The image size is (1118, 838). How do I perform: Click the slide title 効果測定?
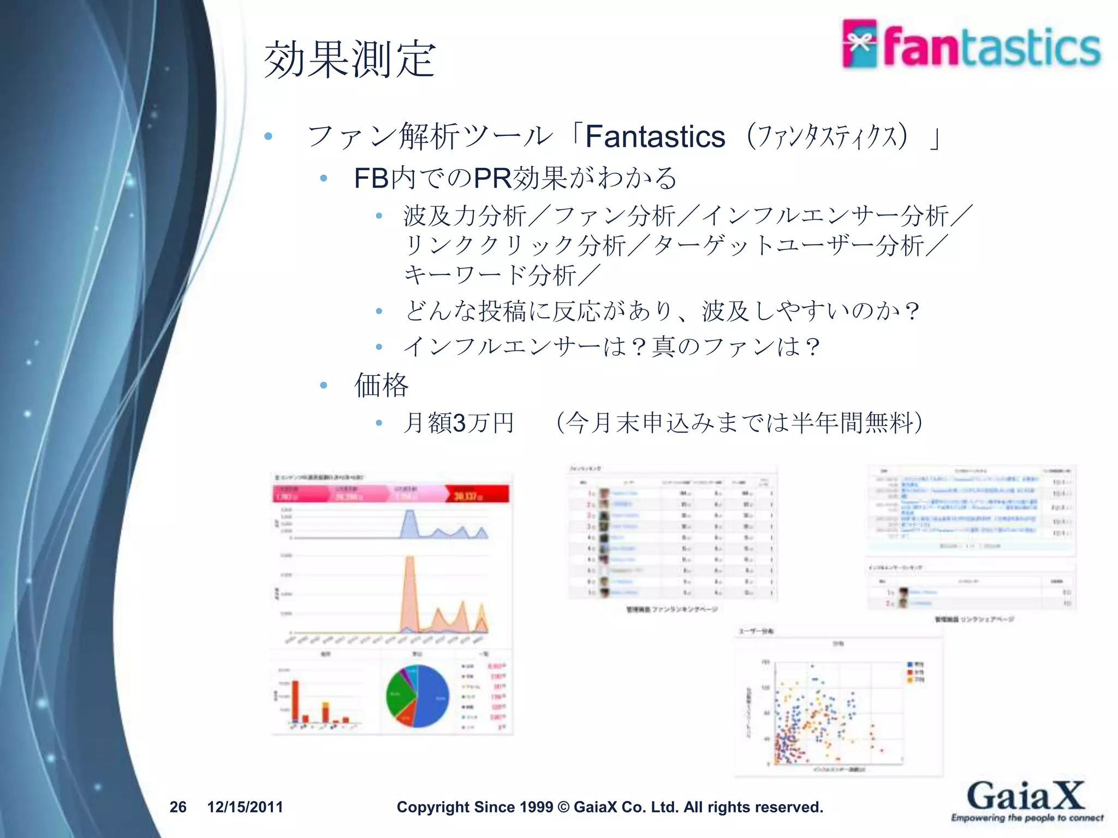[349, 59]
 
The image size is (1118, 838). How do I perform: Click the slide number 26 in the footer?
[178, 807]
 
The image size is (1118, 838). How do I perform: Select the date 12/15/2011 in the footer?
[245, 807]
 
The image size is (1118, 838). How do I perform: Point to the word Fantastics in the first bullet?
[655, 136]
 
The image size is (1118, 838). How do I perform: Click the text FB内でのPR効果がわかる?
[515, 178]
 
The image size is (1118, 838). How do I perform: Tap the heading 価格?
[381, 385]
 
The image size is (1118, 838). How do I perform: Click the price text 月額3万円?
[459, 423]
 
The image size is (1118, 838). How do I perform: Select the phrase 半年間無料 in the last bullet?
[852, 423]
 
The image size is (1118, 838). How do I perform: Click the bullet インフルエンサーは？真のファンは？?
[611, 347]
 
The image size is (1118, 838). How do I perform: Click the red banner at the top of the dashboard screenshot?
[477, 494]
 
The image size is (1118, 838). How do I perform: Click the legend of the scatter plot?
[917, 672]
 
